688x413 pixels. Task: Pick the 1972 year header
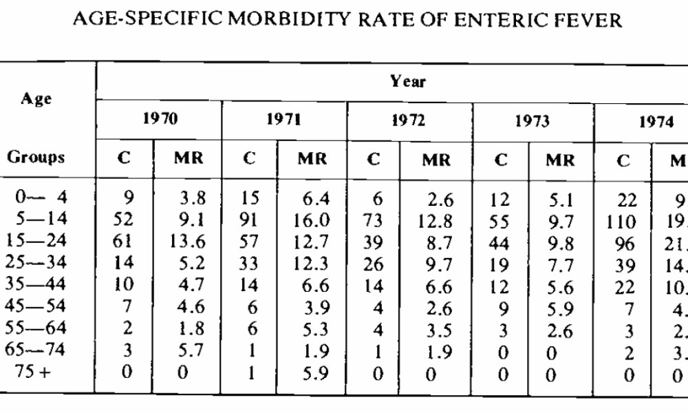[409, 121]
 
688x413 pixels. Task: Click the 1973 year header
[533, 121]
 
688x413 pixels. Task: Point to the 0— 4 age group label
[43, 200]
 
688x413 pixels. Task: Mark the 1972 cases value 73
[374, 222]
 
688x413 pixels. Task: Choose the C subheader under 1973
[500, 160]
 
